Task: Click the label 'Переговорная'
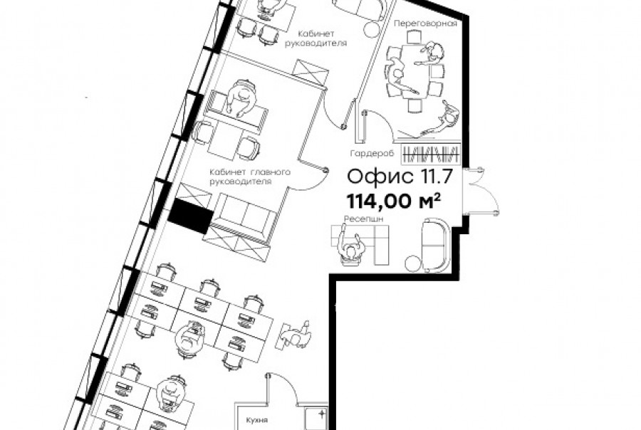pyautogui.click(x=425, y=23)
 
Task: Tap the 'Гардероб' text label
pyautogui.click(x=372, y=153)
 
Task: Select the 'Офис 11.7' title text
pyautogui.click(x=400, y=177)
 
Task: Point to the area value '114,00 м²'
pyautogui.click(x=394, y=201)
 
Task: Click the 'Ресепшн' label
pyautogui.click(x=363, y=219)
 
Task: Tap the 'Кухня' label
pyautogui.click(x=256, y=420)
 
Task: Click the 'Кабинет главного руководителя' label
pyautogui.click(x=250, y=177)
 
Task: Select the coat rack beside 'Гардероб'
pyautogui.click(x=431, y=154)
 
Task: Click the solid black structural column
pyautogui.click(x=190, y=215)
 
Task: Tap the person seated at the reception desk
pyautogui.click(x=350, y=246)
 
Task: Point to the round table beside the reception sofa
pyautogui.click(x=413, y=263)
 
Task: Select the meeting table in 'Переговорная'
pyautogui.click(x=415, y=70)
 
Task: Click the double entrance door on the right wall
pyautogui.click(x=481, y=191)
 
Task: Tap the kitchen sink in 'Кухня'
pyautogui.click(x=316, y=418)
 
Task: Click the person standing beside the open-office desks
pyautogui.click(x=296, y=335)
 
